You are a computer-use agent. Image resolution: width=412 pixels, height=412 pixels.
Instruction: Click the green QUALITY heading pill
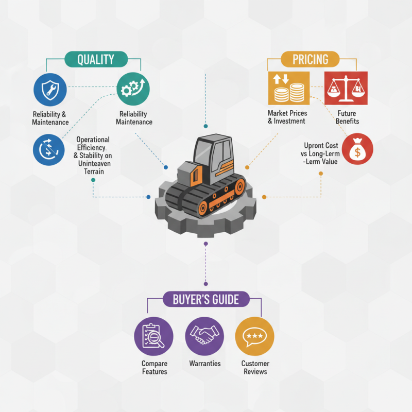pyautogui.click(x=96, y=59)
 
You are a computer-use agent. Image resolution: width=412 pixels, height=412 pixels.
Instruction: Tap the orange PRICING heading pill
pyautogui.click(x=310, y=59)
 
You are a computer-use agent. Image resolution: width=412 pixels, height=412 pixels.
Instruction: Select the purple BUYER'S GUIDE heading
pyautogui.click(x=206, y=299)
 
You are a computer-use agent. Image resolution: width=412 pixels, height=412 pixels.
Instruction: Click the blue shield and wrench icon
pyautogui.click(x=50, y=90)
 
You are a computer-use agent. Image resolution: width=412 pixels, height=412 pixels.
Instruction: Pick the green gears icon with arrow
pyautogui.click(x=133, y=89)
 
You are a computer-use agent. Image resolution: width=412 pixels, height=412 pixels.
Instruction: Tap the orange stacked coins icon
pyautogui.click(x=289, y=88)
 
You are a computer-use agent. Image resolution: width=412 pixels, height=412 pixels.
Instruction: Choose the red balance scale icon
pyautogui.click(x=346, y=88)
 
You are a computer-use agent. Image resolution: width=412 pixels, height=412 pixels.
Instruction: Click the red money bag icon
pyautogui.click(x=357, y=149)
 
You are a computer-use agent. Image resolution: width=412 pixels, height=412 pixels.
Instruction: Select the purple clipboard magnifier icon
pyautogui.click(x=153, y=336)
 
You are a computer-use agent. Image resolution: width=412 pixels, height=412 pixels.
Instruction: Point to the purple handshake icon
pyautogui.click(x=204, y=336)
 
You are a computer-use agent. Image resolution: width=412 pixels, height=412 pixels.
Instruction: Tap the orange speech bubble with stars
pyautogui.click(x=254, y=336)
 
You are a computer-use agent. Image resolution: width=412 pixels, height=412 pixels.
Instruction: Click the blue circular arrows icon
pyautogui.click(x=48, y=150)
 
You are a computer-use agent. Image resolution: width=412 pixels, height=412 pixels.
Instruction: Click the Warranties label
pyautogui.click(x=205, y=364)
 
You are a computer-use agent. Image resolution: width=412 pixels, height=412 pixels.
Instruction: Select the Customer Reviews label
pyautogui.click(x=255, y=367)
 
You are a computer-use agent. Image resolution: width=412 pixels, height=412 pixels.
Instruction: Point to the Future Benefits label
pyautogui.click(x=347, y=117)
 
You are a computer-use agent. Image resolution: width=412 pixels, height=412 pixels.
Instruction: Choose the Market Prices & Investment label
pyautogui.click(x=287, y=117)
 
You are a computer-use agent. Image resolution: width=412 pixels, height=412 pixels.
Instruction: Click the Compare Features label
pyautogui.click(x=154, y=367)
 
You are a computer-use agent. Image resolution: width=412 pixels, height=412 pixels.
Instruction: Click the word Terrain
pyautogui.click(x=94, y=171)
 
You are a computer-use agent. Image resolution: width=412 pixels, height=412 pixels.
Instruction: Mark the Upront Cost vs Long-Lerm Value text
pyautogui.click(x=320, y=153)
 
